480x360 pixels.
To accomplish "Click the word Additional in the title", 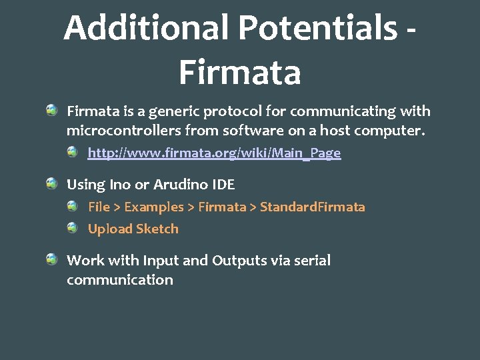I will [x=146, y=29].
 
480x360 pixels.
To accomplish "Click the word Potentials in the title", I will [x=317, y=29].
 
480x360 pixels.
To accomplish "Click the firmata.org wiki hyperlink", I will [x=214, y=153].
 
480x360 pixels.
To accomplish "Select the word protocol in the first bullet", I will [x=232, y=111].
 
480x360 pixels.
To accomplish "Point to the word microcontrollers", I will [x=123, y=131].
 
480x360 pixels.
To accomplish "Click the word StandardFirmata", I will [x=313, y=207].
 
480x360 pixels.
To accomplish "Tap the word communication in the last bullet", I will [x=120, y=280].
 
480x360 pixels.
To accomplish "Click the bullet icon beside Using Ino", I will [x=51, y=183].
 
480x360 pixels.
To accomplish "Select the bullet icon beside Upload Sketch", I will [x=73, y=228].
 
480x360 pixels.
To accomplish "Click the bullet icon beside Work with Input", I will [x=51, y=259].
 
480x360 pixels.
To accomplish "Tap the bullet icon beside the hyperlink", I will [x=73, y=153].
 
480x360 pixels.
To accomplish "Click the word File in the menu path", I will [x=99, y=207].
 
